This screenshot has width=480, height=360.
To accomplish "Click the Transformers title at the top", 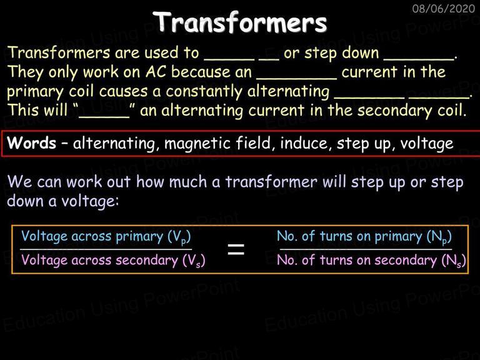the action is pyautogui.click(x=240, y=22).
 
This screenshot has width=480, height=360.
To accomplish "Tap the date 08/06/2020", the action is pyautogui.click(x=443, y=8).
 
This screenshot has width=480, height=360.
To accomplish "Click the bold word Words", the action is pyautogui.click(x=31, y=142).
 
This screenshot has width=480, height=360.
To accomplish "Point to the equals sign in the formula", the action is pyautogui.click(x=236, y=249).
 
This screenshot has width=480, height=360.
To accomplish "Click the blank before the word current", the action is pyautogui.click(x=296, y=78).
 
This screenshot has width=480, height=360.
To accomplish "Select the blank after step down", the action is pyautogui.click(x=419, y=59).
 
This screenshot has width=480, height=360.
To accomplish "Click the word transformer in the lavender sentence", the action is pyautogui.click(x=271, y=182).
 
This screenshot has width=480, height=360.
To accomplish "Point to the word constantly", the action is pyautogui.click(x=204, y=91).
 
